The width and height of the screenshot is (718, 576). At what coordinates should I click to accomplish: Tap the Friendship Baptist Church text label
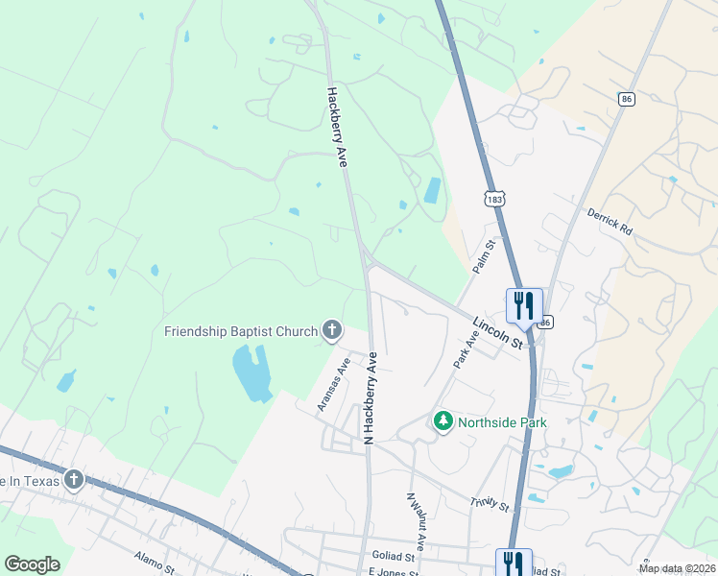click(241, 332)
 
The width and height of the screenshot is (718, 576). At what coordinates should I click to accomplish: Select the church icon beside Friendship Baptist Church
click(332, 331)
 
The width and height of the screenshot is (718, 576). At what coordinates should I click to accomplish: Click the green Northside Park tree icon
click(443, 421)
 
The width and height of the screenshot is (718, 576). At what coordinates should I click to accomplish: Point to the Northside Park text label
click(502, 422)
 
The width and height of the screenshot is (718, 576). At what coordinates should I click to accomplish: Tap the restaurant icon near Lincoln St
click(524, 305)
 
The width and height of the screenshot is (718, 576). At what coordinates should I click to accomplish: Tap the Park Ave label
click(466, 348)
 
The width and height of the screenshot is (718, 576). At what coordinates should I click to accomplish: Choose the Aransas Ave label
click(334, 384)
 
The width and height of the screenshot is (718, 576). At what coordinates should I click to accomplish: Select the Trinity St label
click(489, 502)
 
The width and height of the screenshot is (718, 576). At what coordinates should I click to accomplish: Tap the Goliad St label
click(395, 556)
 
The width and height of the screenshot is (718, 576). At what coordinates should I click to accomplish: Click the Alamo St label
click(153, 560)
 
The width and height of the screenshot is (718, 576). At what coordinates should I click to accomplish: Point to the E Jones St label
click(394, 572)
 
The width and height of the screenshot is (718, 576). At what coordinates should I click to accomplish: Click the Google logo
click(32, 564)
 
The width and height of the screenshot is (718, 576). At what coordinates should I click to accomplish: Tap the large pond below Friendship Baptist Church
click(251, 373)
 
